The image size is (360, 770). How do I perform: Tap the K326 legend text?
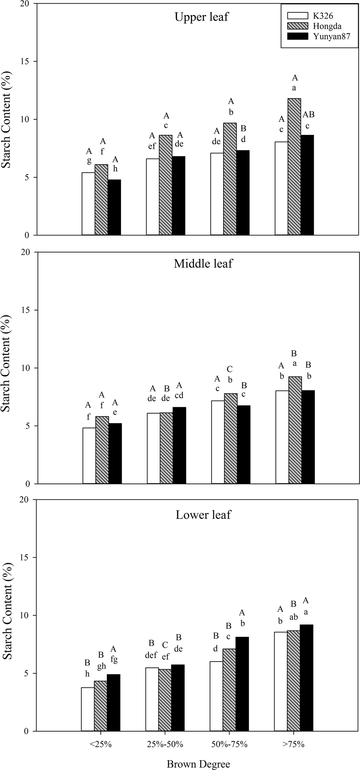[x=323, y=16]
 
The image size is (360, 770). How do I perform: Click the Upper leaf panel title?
[x=202, y=17]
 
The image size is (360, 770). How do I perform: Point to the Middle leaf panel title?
[x=203, y=263]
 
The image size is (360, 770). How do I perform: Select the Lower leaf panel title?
[x=203, y=515]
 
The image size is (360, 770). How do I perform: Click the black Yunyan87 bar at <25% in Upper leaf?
[x=114, y=207]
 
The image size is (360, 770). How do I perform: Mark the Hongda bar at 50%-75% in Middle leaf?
[x=231, y=438]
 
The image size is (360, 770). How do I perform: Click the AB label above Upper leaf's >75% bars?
[x=308, y=115]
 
